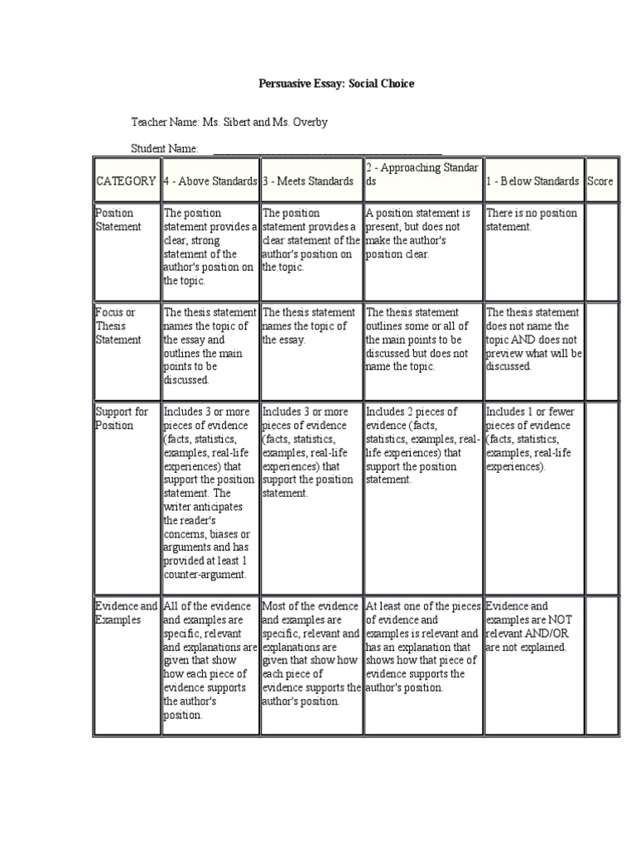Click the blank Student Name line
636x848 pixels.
327,149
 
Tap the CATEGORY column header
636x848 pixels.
126,181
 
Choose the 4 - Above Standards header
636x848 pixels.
210,181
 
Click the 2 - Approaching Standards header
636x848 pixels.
422,175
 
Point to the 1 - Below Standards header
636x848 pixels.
532,181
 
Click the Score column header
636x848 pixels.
601,181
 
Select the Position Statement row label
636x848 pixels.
119,219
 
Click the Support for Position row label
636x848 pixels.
121,418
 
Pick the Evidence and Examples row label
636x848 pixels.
126,613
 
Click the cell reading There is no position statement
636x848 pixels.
532,219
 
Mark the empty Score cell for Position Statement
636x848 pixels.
601,248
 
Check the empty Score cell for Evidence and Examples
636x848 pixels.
601,662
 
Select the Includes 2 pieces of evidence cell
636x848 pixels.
422,445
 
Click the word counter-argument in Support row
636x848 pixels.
205,574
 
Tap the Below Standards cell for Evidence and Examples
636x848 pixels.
532,626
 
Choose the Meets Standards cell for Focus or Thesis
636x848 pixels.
311,325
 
